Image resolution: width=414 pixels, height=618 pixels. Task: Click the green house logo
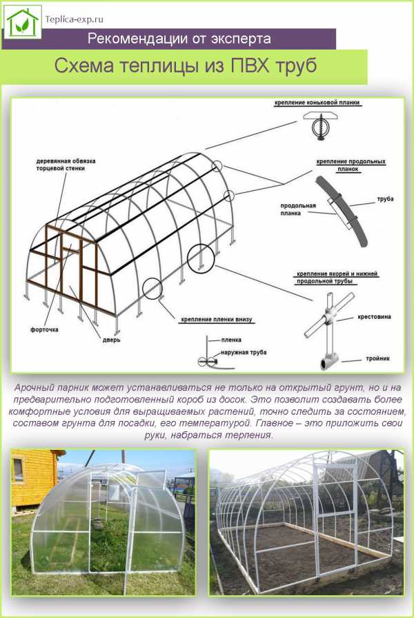[x=23, y=22]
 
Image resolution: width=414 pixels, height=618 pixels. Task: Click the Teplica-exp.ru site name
[x=75, y=19]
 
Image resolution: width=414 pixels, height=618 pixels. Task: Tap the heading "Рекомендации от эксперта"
[x=179, y=39]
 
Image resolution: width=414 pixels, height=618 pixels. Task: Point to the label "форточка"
[x=44, y=329]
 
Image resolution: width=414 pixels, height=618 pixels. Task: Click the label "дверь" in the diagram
[x=112, y=340]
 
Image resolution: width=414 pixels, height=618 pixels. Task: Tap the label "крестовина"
[x=374, y=316]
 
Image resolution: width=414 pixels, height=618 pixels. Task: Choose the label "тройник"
[x=377, y=359]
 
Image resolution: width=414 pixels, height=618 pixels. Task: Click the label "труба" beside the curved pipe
[x=385, y=199]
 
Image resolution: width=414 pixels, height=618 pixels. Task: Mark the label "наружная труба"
[x=244, y=352]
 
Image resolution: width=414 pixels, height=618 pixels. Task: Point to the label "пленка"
[x=231, y=340]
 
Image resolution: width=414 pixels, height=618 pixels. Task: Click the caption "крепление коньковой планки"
[x=317, y=103]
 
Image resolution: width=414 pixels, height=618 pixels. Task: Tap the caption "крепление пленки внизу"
[x=216, y=319]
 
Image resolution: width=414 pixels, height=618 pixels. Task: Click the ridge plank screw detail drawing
[x=322, y=125]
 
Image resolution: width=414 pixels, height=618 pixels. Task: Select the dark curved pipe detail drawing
[x=342, y=212]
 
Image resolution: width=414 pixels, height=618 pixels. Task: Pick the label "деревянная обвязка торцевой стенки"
[x=66, y=165]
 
